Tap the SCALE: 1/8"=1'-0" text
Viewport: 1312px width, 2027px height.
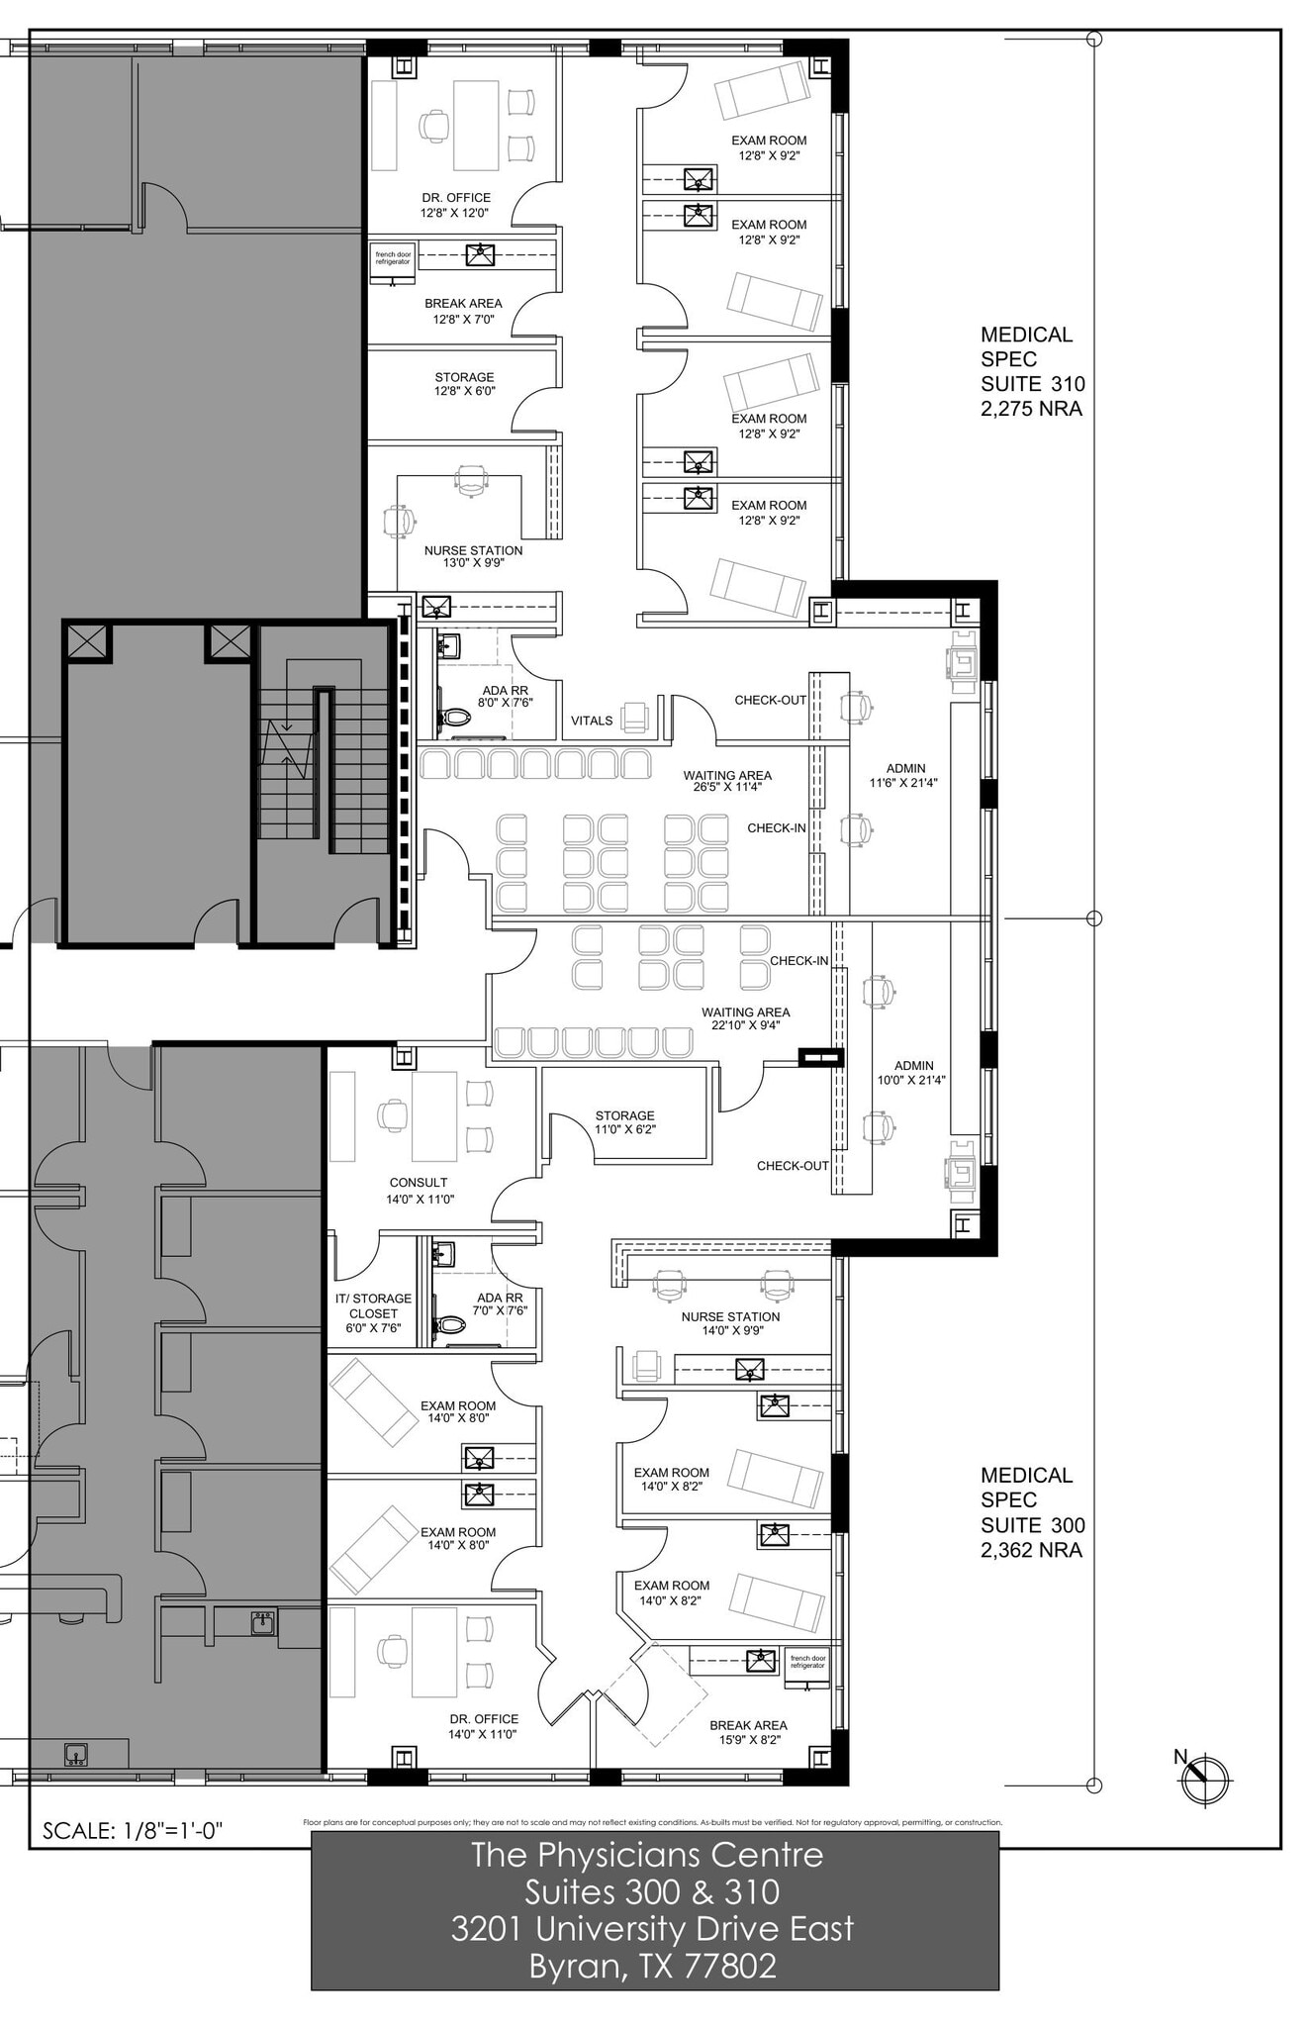click(133, 1830)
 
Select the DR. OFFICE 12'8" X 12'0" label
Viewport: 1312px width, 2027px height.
click(455, 205)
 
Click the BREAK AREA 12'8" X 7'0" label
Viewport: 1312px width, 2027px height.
click(463, 311)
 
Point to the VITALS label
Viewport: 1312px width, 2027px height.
click(592, 721)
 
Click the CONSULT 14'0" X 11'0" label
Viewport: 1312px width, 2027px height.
click(419, 1191)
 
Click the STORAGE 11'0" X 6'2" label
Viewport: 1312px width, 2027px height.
click(624, 1121)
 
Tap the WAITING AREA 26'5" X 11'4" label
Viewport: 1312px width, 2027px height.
click(727, 782)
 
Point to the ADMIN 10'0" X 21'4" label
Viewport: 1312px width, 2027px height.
click(912, 1073)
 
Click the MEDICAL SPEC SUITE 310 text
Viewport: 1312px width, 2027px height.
click(1031, 359)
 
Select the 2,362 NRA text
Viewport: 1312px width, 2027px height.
click(1031, 1550)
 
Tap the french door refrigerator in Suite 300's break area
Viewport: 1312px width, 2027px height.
click(807, 1661)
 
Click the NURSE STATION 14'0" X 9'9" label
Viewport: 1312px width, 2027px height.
click(730, 1323)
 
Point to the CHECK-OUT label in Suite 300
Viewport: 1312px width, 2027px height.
click(793, 1166)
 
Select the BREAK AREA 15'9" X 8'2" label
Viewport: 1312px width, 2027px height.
click(748, 1731)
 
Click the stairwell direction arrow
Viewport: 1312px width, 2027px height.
click(286, 743)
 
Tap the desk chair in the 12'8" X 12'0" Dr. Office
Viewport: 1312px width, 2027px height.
click(433, 126)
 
